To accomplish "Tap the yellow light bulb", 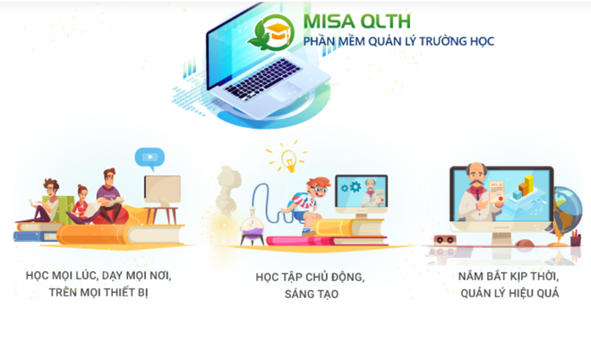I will point(287,159).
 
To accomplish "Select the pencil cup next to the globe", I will point(574,236).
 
